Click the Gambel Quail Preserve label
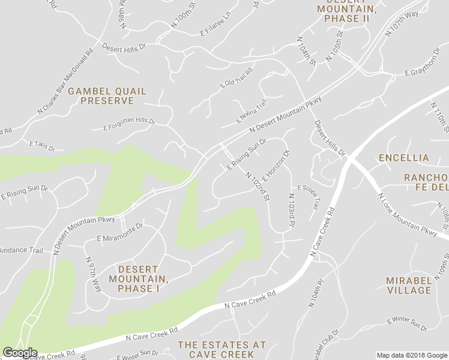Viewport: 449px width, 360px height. click(107, 96)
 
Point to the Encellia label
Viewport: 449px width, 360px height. click(403, 158)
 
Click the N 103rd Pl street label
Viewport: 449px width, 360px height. click(291, 210)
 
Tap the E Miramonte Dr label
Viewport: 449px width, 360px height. click(120, 233)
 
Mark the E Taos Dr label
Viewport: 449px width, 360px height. click(42, 146)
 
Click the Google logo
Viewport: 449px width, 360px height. click(19, 353)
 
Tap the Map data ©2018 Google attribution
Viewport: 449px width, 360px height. click(411, 355)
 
